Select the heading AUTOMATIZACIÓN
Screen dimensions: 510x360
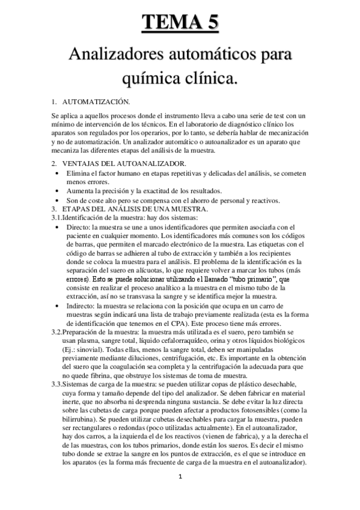pyautogui.click(x=95, y=102)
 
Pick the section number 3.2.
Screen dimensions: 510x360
pyautogui.click(x=56, y=333)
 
